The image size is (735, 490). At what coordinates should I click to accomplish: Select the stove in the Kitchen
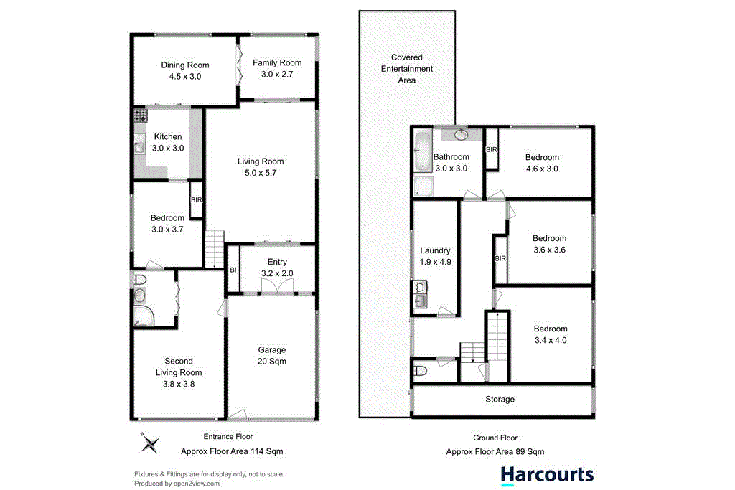coord(139,116)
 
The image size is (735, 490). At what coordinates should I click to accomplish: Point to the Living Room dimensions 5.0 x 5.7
coord(261,173)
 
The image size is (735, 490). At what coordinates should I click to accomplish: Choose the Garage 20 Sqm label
coord(272,356)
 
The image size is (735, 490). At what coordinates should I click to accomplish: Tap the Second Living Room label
coord(178,372)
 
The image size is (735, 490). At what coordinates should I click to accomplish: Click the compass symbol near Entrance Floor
coord(149,444)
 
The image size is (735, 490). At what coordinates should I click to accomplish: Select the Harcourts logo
coord(547,475)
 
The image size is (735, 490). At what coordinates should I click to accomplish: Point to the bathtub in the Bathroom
coord(421,151)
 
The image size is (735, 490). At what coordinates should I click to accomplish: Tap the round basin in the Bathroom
coord(460,134)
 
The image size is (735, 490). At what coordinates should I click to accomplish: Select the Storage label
coord(500,399)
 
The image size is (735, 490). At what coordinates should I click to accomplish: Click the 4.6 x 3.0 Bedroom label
coord(542,163)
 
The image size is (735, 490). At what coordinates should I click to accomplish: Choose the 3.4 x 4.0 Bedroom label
coord(550,335)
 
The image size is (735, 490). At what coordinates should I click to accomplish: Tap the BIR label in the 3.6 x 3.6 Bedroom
coord(500,258)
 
